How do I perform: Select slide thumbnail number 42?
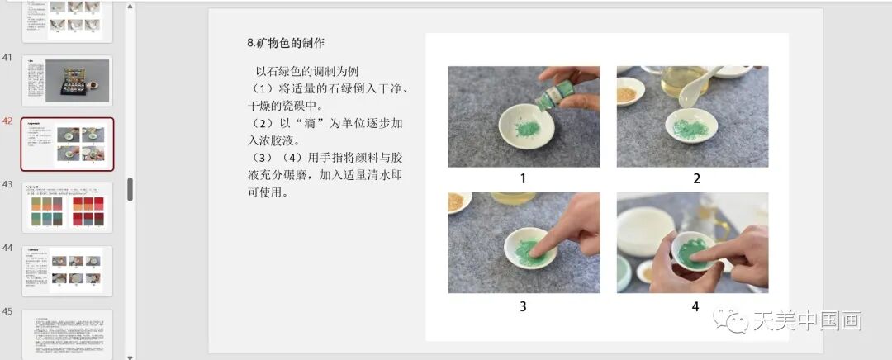click(67, 144)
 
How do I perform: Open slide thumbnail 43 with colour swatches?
click(67, 207)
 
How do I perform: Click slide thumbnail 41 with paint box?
click(67, 80)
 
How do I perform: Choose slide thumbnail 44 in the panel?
click(67, 271)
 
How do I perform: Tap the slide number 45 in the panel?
click(7, 311)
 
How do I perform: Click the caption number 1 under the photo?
click(523, 178)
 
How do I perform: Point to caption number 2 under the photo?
click(696, 178)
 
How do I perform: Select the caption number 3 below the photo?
click(523, 306)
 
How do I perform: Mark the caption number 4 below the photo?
click(695, 306)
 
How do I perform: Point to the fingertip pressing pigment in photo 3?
click(536, 246)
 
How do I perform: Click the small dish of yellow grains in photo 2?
click(629, 91)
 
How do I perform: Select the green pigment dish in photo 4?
click(690, 249)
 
